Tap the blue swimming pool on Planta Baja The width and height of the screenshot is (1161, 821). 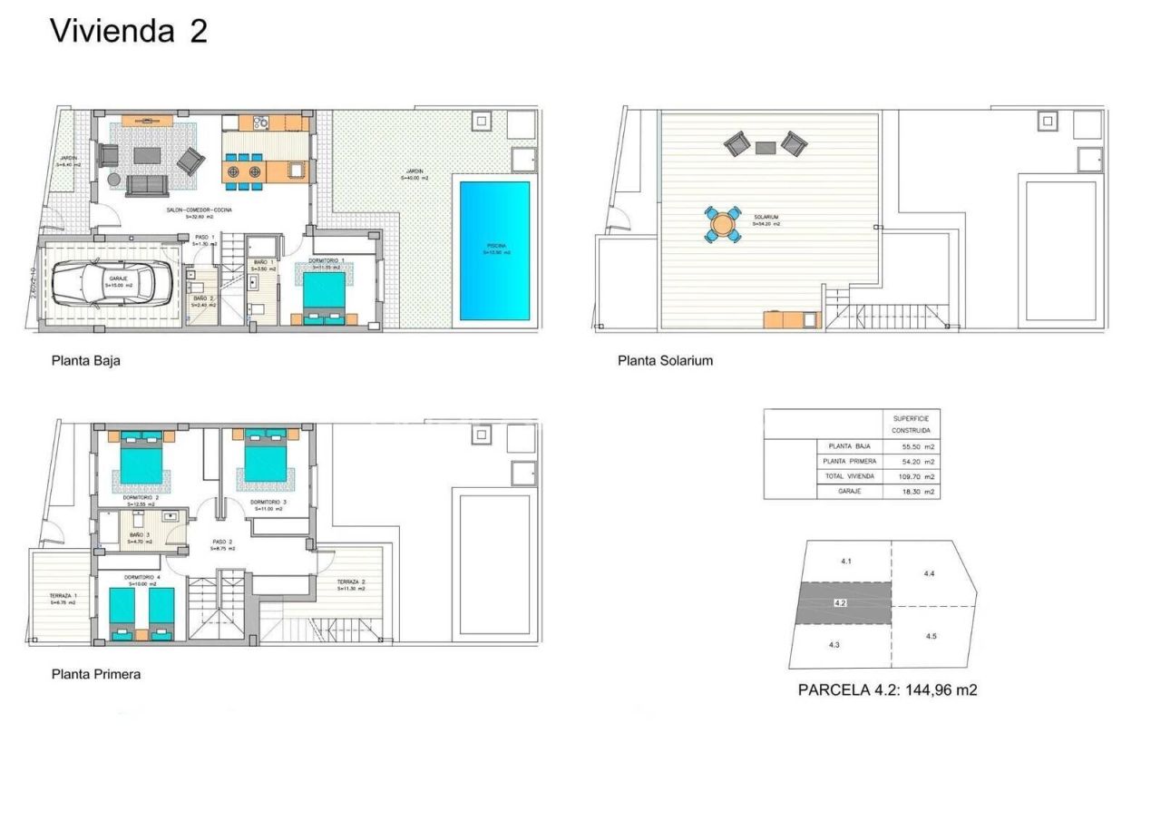pos(494,250)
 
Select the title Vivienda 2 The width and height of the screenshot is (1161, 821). pos(128,31)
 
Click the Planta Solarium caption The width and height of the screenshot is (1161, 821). pos(665,360)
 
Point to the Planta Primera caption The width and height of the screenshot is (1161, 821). pos(96,674)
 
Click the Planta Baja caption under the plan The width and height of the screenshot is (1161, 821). pos(85,360)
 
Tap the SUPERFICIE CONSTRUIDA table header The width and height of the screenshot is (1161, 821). pos(911,425)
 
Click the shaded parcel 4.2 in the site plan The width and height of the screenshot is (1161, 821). pos(844,602)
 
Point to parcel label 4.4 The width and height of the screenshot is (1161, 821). pos(929,573)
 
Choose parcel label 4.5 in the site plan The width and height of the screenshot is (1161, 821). pos(931,636)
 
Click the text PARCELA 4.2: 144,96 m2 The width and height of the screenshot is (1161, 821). pos(887,689)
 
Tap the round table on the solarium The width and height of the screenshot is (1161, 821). pos(723,223)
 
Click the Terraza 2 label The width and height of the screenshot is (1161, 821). pos(351,584)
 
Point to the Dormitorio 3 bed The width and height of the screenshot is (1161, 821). pos(266,461)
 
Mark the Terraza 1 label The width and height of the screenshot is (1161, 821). pos(63,598)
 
